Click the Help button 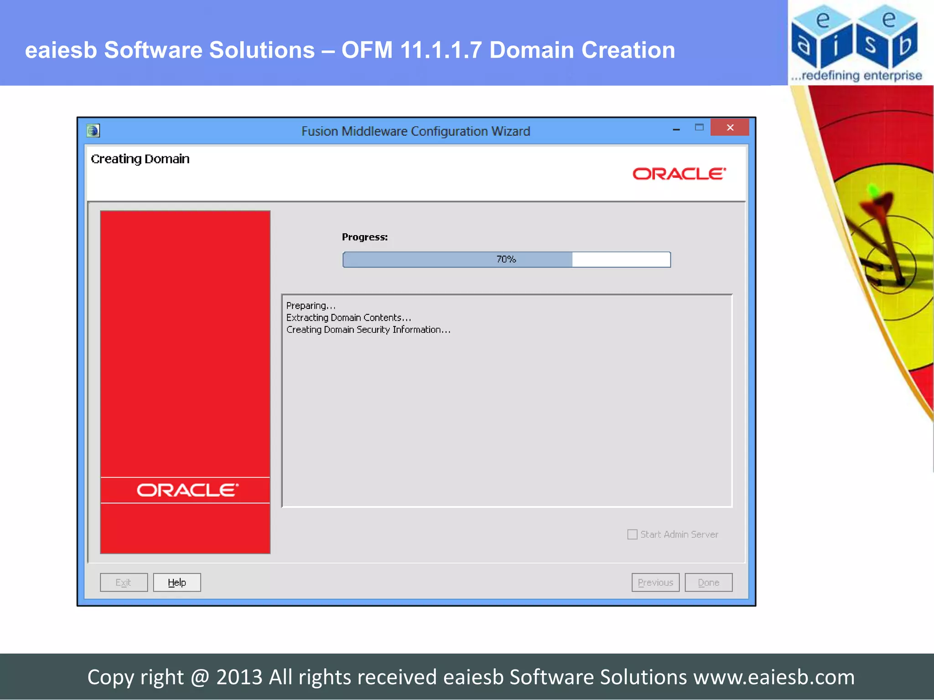pos(177,582)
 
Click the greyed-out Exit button pos(124,582)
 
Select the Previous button pos(655,582)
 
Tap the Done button pos(708,582)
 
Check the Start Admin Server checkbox pos(633,534)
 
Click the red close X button pos(730,128)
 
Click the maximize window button pos(699,128)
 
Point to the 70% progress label pos(506,259)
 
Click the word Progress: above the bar pos(365,237)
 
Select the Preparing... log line pos(311,306)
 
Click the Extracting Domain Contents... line pos(348,318)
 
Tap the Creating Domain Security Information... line pos(368,329)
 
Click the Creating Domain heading pos(140,159)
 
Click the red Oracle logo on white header pos(679,174)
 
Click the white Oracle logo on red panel pos(187,490)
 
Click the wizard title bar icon pos(93,131)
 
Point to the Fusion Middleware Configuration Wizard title pos(415,131)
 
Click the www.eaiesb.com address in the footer pos(774,677)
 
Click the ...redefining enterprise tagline pos(856,76)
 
